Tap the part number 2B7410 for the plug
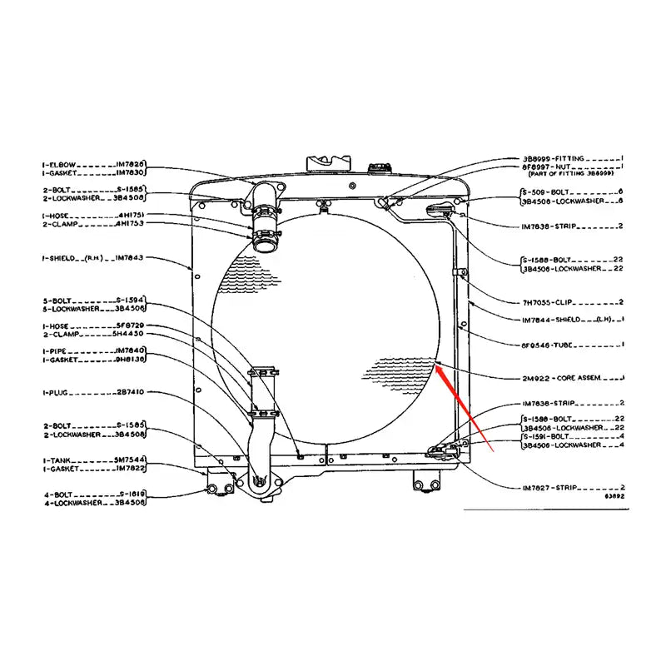point(131,391)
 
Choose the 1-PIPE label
point(56,350)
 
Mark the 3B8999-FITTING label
point(554,157)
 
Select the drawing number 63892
point(614,495)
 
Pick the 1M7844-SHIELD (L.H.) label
point(562,320)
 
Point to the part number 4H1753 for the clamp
point(131,224)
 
